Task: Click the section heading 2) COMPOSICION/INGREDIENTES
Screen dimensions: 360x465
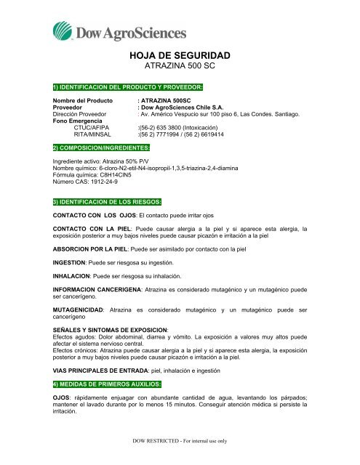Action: tap(98, 146)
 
